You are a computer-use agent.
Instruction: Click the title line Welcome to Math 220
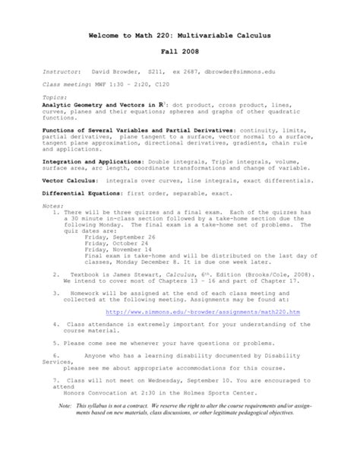179,36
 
